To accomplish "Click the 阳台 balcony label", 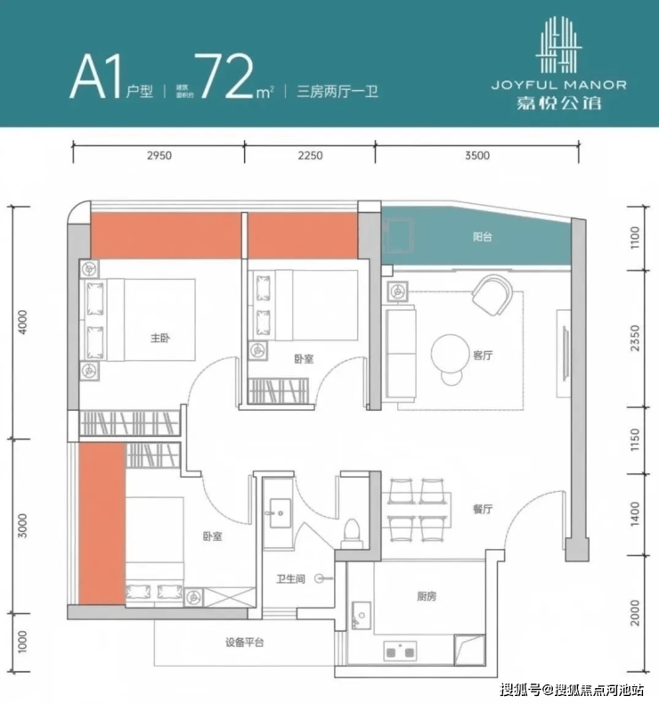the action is click(483, 237).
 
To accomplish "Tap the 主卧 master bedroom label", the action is click(159, 338).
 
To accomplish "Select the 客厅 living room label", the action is click(483, 356).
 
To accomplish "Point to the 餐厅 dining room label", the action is click(483, 509).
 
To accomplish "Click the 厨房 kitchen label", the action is click(427, 596).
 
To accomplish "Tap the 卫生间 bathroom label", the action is click(290, 579).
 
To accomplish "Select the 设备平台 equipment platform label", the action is click(245, 643).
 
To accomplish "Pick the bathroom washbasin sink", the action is click(281, 512).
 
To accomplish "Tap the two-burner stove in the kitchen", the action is click(400, 651).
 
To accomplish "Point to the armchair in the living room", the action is click(492, 295).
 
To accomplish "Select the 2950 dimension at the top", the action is click(159, 155).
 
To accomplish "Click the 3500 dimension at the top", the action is click(477, 155).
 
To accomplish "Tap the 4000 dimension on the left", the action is click(23, 322).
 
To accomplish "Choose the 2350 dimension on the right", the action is click(635, 339).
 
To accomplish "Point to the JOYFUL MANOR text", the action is click(559, 85).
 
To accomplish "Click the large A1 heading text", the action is click(96, 77).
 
